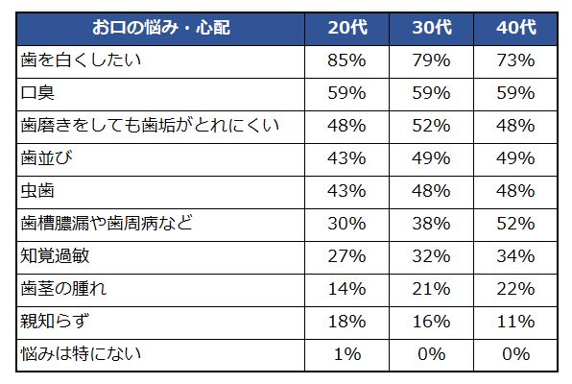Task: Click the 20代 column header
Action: (346, 28)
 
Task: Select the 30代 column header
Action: (431, 28)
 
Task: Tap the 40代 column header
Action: (516, 28)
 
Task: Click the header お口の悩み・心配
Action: (162, 28)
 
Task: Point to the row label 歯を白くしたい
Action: (82, 60)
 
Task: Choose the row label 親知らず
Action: (56, 322)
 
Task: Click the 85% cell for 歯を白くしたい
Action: (346, 60)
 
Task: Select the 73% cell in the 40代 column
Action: (516, 60)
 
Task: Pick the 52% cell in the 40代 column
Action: (516, 224)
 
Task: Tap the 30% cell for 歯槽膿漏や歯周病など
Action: (346, 224)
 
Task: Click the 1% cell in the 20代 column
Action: (346, 354)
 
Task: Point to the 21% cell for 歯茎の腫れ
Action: (431, 289)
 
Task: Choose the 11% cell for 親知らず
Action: (516, 322)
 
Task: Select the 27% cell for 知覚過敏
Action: (346, 256)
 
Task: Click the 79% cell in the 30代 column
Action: (431, 60)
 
